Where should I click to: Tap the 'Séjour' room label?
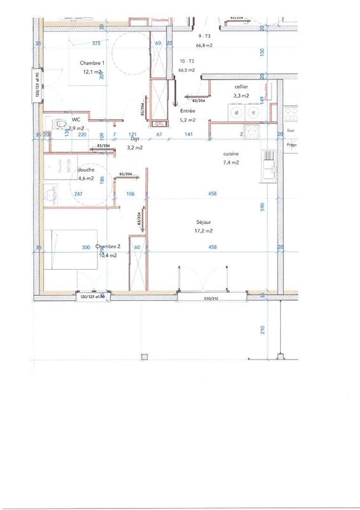[205, 222]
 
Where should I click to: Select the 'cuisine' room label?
[231, 154]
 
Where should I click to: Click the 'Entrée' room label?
[188, 111]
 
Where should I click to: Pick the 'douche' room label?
[86, 170]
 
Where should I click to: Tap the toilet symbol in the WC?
[60, 123]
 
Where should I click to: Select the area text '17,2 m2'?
[205, 231]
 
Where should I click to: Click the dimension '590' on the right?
[262, 207]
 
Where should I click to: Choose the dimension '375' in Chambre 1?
[97, 43]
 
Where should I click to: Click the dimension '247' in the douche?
[79, 194]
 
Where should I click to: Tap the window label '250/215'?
[212, 298]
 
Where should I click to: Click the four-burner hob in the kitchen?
[251, 133]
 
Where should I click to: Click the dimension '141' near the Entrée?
[189, 135]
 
